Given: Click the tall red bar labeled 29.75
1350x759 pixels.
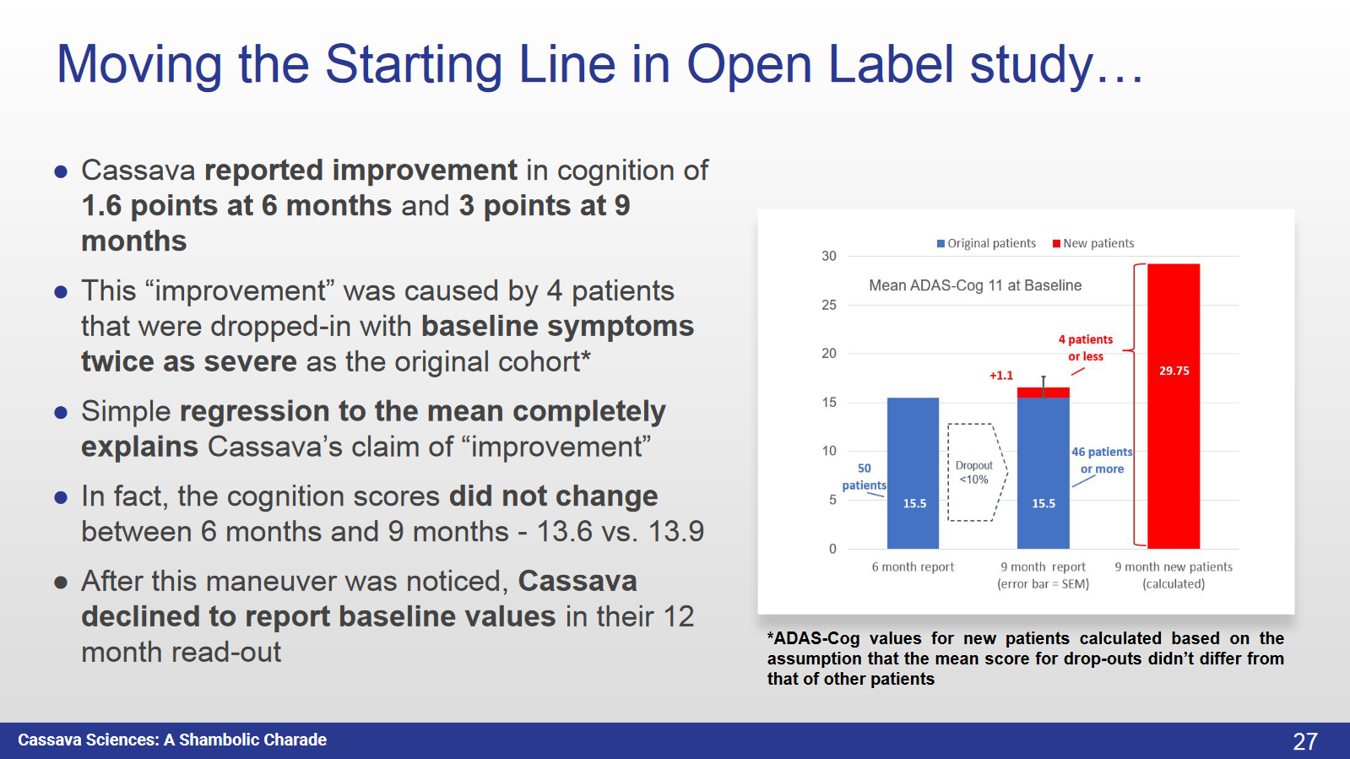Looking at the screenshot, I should (x=1174, y=405).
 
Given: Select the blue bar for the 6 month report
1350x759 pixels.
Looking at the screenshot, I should (x=913, y=473).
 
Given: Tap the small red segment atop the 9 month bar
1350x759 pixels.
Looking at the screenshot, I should (x=1044, y=393).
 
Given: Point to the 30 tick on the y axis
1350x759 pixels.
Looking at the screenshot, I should (x=829, y=256).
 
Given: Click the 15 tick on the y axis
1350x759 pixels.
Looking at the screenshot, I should (x=829, y=403).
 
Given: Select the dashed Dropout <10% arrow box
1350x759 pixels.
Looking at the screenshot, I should (x=976, y=473).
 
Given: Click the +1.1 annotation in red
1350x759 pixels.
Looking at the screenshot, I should (x=1001, y=376).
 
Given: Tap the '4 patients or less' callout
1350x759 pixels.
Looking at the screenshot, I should (x=1086, y=348).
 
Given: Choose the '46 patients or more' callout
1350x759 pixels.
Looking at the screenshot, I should (x=1102, y=460).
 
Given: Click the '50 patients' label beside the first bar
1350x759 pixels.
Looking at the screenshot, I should (x=864, y=477).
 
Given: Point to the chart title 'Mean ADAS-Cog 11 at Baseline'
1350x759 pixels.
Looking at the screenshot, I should (x=975, y=285).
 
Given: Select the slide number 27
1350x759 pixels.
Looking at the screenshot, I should (x=1304, y=741).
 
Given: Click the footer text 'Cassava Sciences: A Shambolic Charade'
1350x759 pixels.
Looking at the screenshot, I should (x=172, y=740).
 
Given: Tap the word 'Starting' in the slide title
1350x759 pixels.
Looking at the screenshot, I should (x=413, y=64).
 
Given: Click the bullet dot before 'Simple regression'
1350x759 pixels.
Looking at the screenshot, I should (x=61, y=413).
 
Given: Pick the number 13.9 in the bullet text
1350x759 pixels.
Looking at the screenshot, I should (x=675, y=532).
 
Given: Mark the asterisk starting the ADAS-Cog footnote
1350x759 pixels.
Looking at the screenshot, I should (x=770, y=637).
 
